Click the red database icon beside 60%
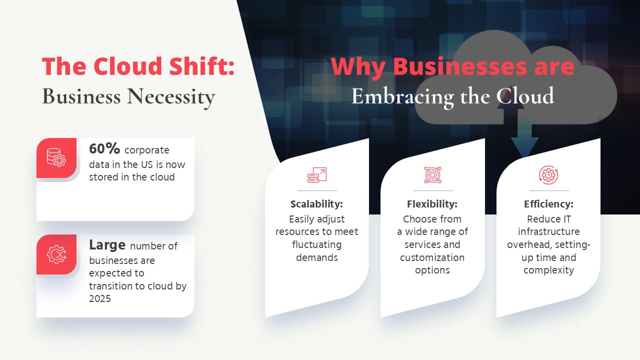pyautogui.click(x=56, y=157)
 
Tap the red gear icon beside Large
pyautogui.click(x=56, y=254)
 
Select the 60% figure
pyautogui.click(x=104, y=148)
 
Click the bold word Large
pyautogui.click(x=107, y=245)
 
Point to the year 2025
pyautogui.click(x=99, y=298)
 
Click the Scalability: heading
pyautogui.click(x=316, y=204)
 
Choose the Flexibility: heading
pyautogui.click(x=432, y=204)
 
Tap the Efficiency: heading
pyautogui.click(x=548, y=204)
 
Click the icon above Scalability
pyautogui.click(x=317, y=175)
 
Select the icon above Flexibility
pyautogui.click(x=432, y=175)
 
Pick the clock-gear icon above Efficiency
pyautogui.click(x=548, y=175)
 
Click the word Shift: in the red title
pyautogui.click(x=201, y=66)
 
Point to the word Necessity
pyautogui.click(x=171, y=97)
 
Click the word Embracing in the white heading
pyautogui.click(x=402, y=97)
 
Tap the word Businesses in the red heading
pyautogui.click(x=459, y=67)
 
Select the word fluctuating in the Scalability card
pyautogui.click(x=317, y=244)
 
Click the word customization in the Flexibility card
pyautogui.click(x=432, y=257)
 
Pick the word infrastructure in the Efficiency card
pyautogui.click(x=549, y=231)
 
